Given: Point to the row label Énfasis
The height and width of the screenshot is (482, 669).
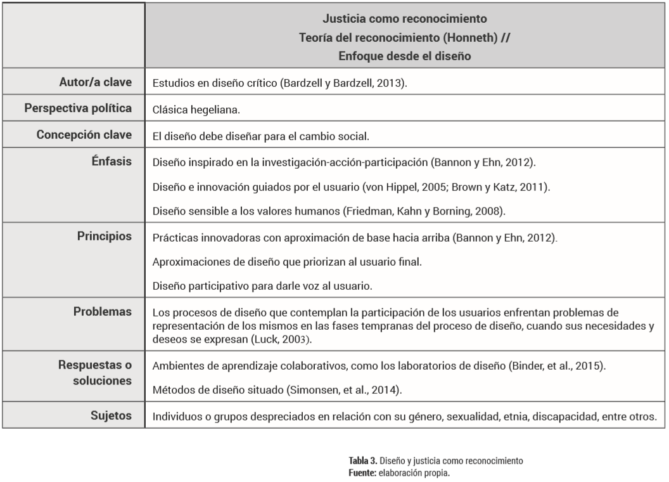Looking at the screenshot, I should click(x=115, y=162).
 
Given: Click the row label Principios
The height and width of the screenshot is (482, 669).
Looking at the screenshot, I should click(x=106, y=236).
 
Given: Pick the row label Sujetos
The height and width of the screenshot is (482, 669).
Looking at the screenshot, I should click(x=114, y=417).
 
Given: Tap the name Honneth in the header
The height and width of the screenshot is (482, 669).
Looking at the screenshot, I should click(x=462, y=37).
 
